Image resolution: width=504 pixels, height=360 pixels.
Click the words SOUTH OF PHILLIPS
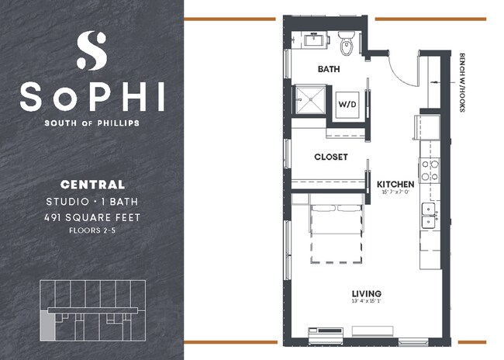[x=92, y=123]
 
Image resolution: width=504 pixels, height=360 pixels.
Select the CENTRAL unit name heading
[x=92, y=185]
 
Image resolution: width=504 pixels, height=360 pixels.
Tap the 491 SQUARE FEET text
[x=92, y=216]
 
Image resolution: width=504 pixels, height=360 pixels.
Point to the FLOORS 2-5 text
[x=92, y=230]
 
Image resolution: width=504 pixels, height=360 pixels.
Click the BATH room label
[x=329, y=69]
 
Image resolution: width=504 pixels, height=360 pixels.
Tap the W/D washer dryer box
[x=346, y=104]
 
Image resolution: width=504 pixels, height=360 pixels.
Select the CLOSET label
[x=330, y=157]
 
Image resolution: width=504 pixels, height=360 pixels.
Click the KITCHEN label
[x=395, y=185]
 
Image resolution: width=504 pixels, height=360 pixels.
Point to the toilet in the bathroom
[x=348, y=45]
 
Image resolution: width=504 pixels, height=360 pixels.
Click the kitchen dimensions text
[x=395, y=192]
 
